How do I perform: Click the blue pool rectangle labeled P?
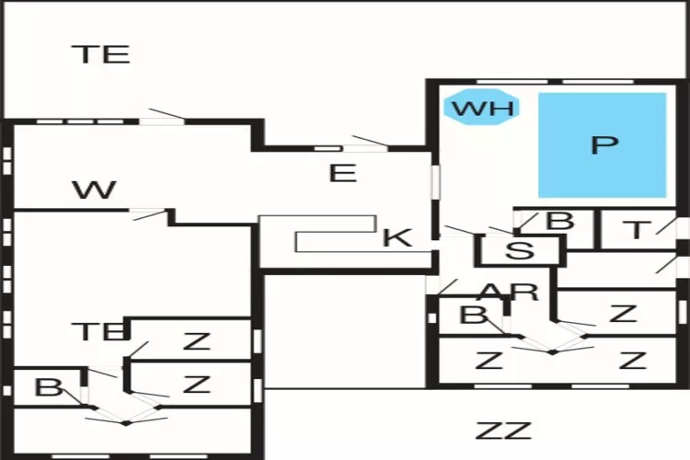click(x=602, y=144)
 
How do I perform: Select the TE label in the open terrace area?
click(x=101, y=53)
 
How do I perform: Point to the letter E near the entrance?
click(x=342, y=172)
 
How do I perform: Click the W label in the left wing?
click(x=95, y=190)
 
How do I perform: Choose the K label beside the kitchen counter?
click(x=397, y=237)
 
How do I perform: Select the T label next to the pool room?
click(x=636, y=230)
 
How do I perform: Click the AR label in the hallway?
click(x=509, y=292)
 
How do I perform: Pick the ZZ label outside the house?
click(x=503, y=430)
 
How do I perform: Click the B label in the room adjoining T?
click(x=559, y=221)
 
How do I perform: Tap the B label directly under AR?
click(x=474, y=316)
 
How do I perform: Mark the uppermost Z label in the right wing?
click(x=623, y=313)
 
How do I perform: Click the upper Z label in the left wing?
click(x=196, y=341)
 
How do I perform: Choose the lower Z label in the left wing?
click(x=196, y=384)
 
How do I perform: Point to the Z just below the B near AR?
click(x=489, y=360)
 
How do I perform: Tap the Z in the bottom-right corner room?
click(x=632, y=360)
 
